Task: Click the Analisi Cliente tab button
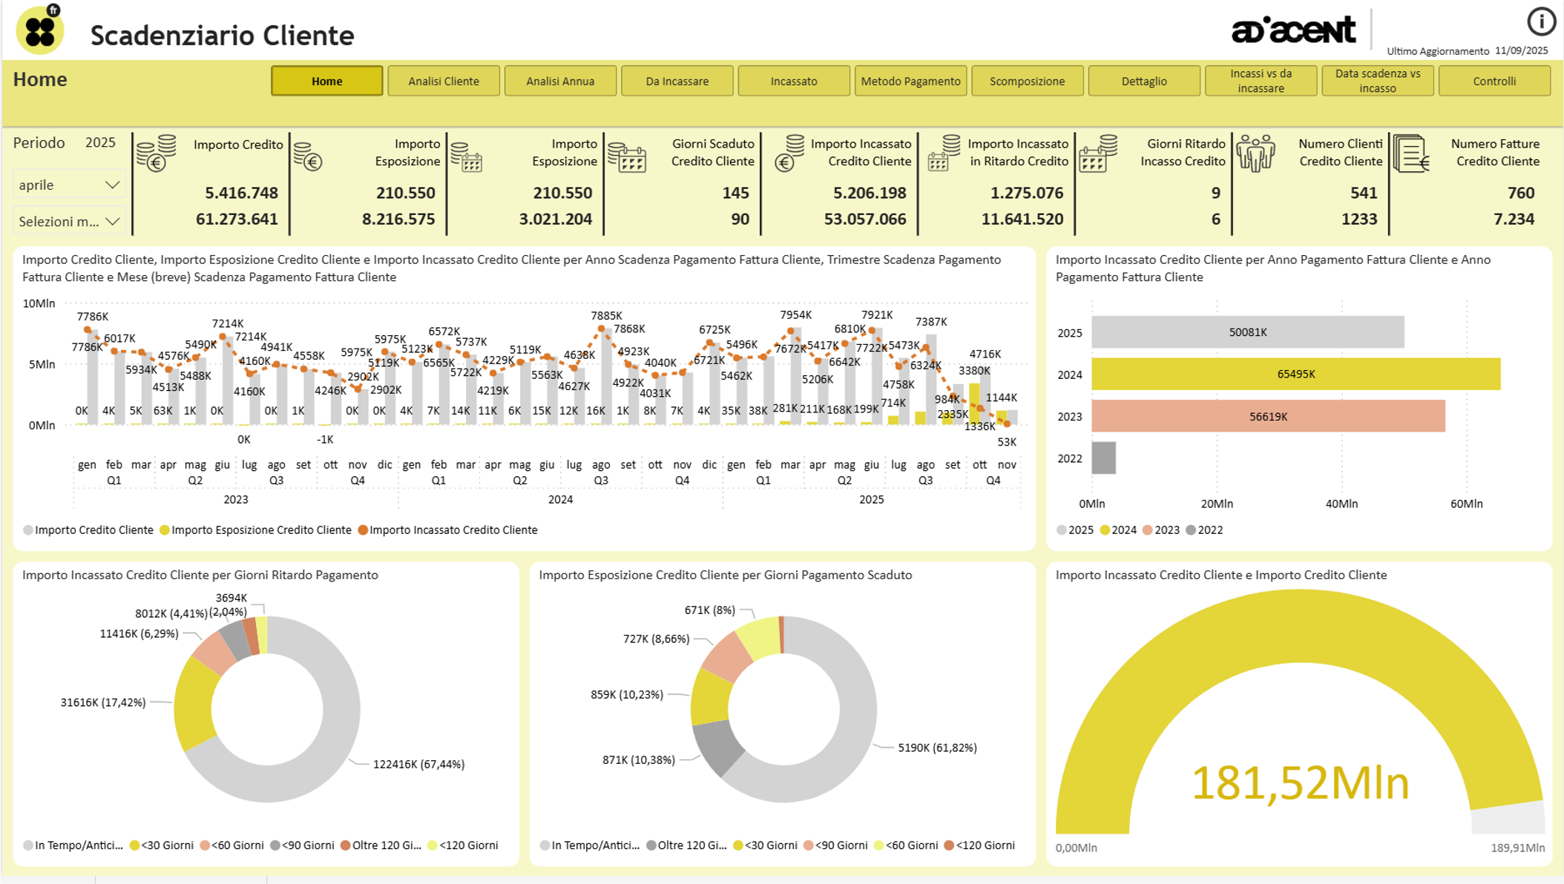[x=444, y=81]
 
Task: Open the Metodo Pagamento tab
[x=910, y=81]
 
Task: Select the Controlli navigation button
[x=1494, y=81]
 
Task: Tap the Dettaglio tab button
[x=1143, y=81]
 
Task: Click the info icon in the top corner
[x=1541, y=22]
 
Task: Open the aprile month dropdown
[x=68, y=185]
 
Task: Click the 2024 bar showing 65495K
[x=1295, y=375]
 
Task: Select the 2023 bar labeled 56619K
[x=1268, y=417]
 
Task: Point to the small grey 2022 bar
[x=1104, y=458]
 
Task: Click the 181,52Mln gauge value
[x=1300, y=783]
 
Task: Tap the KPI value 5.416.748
[x=241, y=193]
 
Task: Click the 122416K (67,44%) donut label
[x=418, y=765]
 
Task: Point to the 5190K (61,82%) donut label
[x=937, y=748]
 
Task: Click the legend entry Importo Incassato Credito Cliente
[x=453, y=530]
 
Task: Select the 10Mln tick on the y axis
[x=39, y=303]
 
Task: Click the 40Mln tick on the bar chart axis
[x=1341, y=504]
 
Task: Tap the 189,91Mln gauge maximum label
[x=1517, y=848]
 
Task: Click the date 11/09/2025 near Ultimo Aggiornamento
[x=1521, y=50]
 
